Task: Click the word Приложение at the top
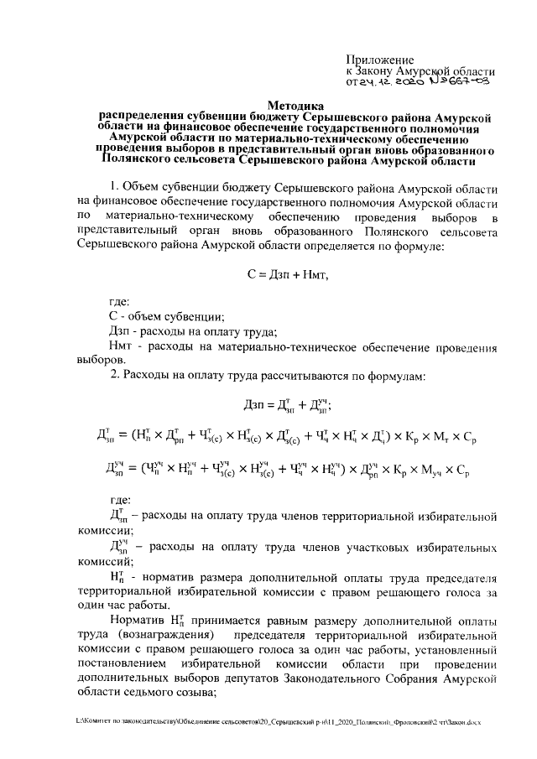[380, 60]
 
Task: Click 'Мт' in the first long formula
[441, 436]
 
